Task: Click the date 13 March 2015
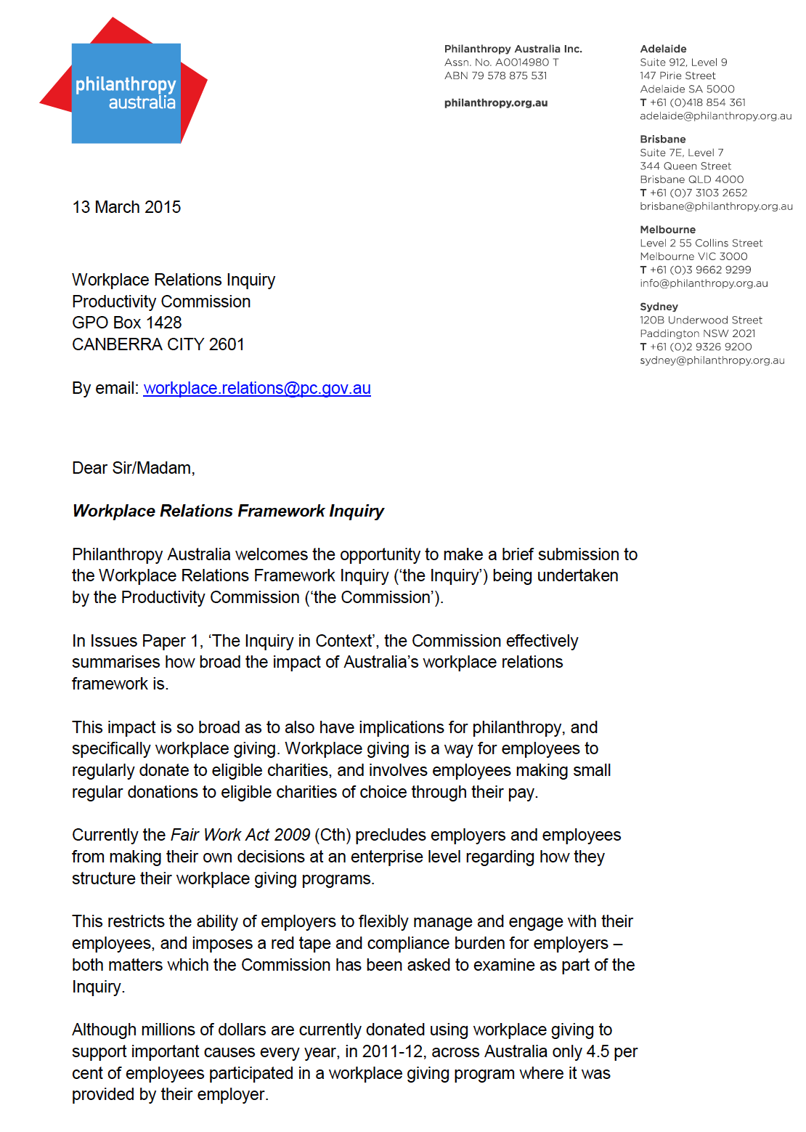click(x=126, y=207)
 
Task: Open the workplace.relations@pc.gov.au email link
click(x=257, y=388)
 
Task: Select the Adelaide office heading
click(x=663, y=49)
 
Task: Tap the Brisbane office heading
click(x=662, y=139)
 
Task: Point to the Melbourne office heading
click(x=667, y=230)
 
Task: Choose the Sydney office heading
click(x=659, y=307)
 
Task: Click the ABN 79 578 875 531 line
click(x=495, y=76)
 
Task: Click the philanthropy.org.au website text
click(x=495, y=102)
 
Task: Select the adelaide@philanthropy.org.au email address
click(x=715, y=116)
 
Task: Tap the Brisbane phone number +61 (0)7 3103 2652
click(x=698, y=193)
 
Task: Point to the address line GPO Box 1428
click(x=126, y=323)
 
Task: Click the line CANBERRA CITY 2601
click(x=158, y=344)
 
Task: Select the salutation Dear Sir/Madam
click(x=133, y=468)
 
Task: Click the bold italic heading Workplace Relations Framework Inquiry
click(x=227, y=511)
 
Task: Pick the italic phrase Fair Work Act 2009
click(x=240, y=835)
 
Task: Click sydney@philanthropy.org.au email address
click(x=712, y=360)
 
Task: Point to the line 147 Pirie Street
click(x=677, y=76)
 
